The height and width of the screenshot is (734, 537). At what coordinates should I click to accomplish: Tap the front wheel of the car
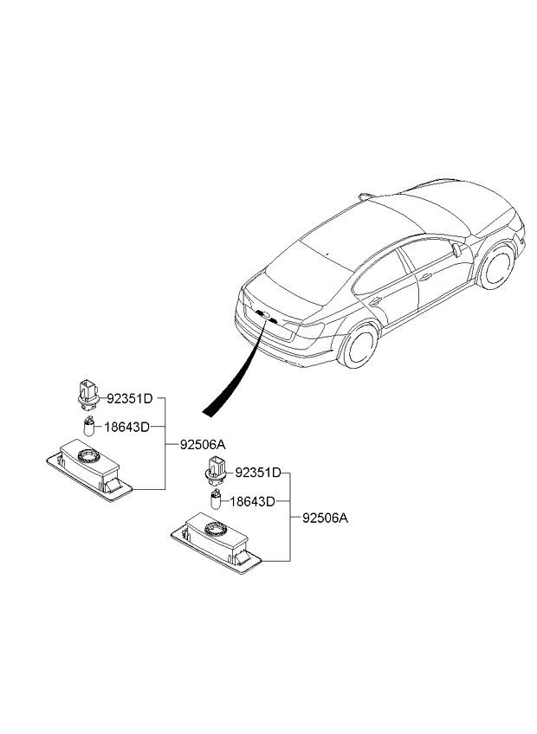click(496, 267)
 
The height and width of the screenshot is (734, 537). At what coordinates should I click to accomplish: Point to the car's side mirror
click(456, 250)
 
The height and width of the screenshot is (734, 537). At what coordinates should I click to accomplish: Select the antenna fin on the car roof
click(365, 196)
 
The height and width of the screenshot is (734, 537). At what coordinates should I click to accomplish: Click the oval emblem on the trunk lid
click(266, 316)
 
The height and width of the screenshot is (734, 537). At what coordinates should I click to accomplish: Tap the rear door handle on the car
click(376, 301)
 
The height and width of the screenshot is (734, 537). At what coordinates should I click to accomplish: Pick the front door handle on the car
click(425, 277)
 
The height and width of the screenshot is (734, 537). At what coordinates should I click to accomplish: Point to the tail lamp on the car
click(307, 329)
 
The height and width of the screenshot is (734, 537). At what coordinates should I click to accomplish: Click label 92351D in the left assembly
click(130, 399)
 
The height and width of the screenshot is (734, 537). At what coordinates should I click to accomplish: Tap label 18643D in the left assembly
click(126, 427)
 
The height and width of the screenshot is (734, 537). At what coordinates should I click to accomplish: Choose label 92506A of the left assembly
click(203, 444)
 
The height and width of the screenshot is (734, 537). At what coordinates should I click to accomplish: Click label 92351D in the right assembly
click(258, 473)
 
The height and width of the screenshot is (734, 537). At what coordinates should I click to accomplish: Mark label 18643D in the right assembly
click(252, 501)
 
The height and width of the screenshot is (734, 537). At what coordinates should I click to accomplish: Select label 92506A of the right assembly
click(325, 518)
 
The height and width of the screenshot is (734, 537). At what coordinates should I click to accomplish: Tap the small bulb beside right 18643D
click(217, 499)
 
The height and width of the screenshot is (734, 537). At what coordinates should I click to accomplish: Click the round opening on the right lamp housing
click(215, 529)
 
